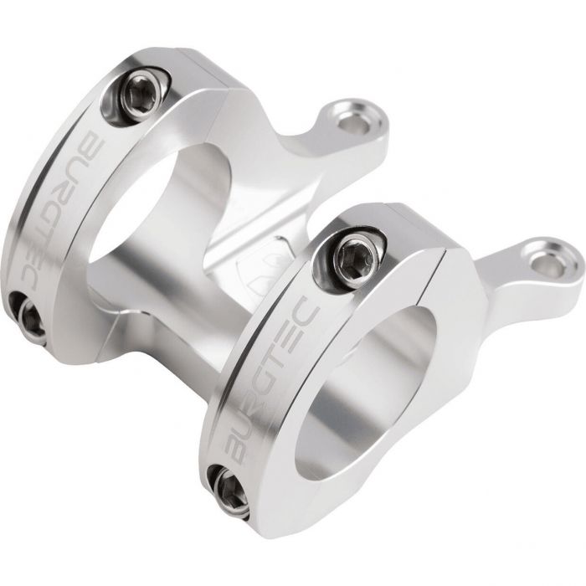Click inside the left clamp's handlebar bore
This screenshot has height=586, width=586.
(161, 209)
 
